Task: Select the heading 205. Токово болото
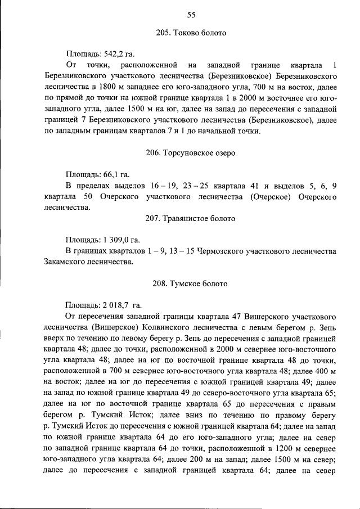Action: (191, 33)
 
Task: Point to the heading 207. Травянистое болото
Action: (191, 218)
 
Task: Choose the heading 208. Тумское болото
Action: (191, 283)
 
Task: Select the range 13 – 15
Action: (179, 251)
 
